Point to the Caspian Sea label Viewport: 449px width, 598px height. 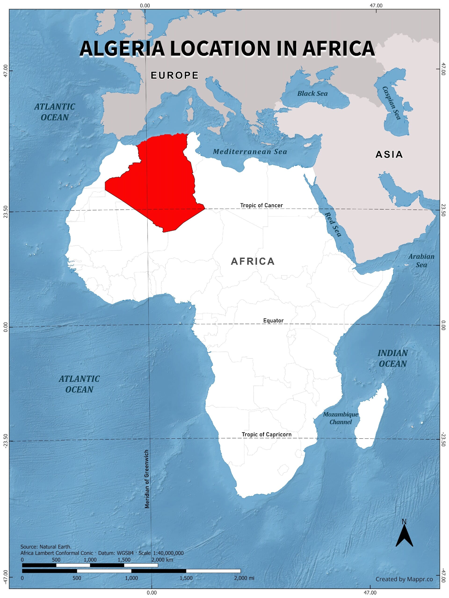click(x=391, y=103)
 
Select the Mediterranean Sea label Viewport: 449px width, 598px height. click(x=250, y=152)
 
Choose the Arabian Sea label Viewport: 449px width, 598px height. click(x=421, y=261)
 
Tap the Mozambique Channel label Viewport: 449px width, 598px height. click(x=340, y=418)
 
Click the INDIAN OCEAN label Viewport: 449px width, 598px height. click(x=392, y=359)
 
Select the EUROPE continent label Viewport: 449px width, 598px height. click(x=174, y=75)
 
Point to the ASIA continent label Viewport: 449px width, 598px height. click(x=389, y=154)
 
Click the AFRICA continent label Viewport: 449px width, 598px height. click(x=253, y=261)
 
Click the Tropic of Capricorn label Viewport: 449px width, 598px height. click(x=266, y=434)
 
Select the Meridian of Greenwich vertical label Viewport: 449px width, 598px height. click(x=147, y=479)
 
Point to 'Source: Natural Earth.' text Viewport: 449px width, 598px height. click(x=46, y=547)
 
